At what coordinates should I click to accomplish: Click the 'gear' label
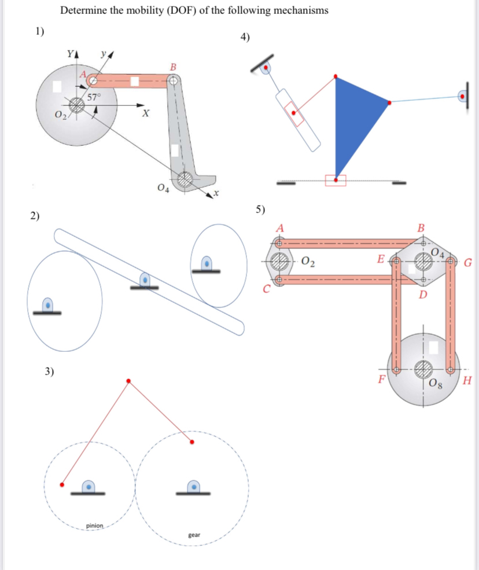tap(194, 535)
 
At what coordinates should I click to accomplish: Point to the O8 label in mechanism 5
tap(437, 383)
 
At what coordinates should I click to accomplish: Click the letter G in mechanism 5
tap(468, 264)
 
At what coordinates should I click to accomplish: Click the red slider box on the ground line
tap(335, 181)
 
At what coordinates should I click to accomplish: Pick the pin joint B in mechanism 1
tap(172, 82)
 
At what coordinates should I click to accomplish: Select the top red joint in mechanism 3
tap(128, 381)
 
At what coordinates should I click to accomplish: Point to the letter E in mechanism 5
tap(379, 259)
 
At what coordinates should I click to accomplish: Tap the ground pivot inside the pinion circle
tap(88, 487)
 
